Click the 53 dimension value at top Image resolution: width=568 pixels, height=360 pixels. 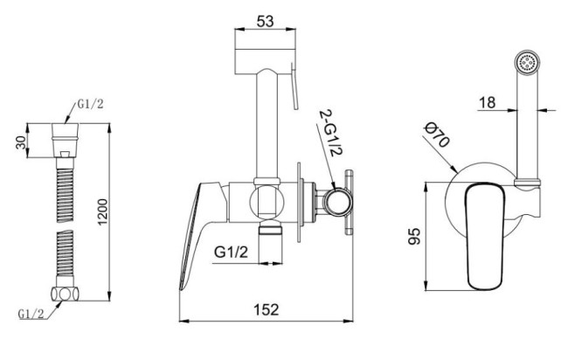(x=265, y=21)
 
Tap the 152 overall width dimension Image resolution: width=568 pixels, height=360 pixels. (x=267, y=309)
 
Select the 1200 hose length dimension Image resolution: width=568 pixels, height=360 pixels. (x=102, y=211)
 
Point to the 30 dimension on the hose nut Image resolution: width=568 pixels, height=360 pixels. (x=21, y=142)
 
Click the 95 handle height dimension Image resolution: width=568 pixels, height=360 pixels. (x=414, y=236)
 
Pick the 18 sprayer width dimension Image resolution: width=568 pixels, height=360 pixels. (x=487, y=102)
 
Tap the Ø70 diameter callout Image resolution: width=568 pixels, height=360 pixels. (x=437, y=135)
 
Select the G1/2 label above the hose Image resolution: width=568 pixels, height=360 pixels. (x=90, y=104)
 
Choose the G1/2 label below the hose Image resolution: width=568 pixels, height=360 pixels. (x=31, y=314)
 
